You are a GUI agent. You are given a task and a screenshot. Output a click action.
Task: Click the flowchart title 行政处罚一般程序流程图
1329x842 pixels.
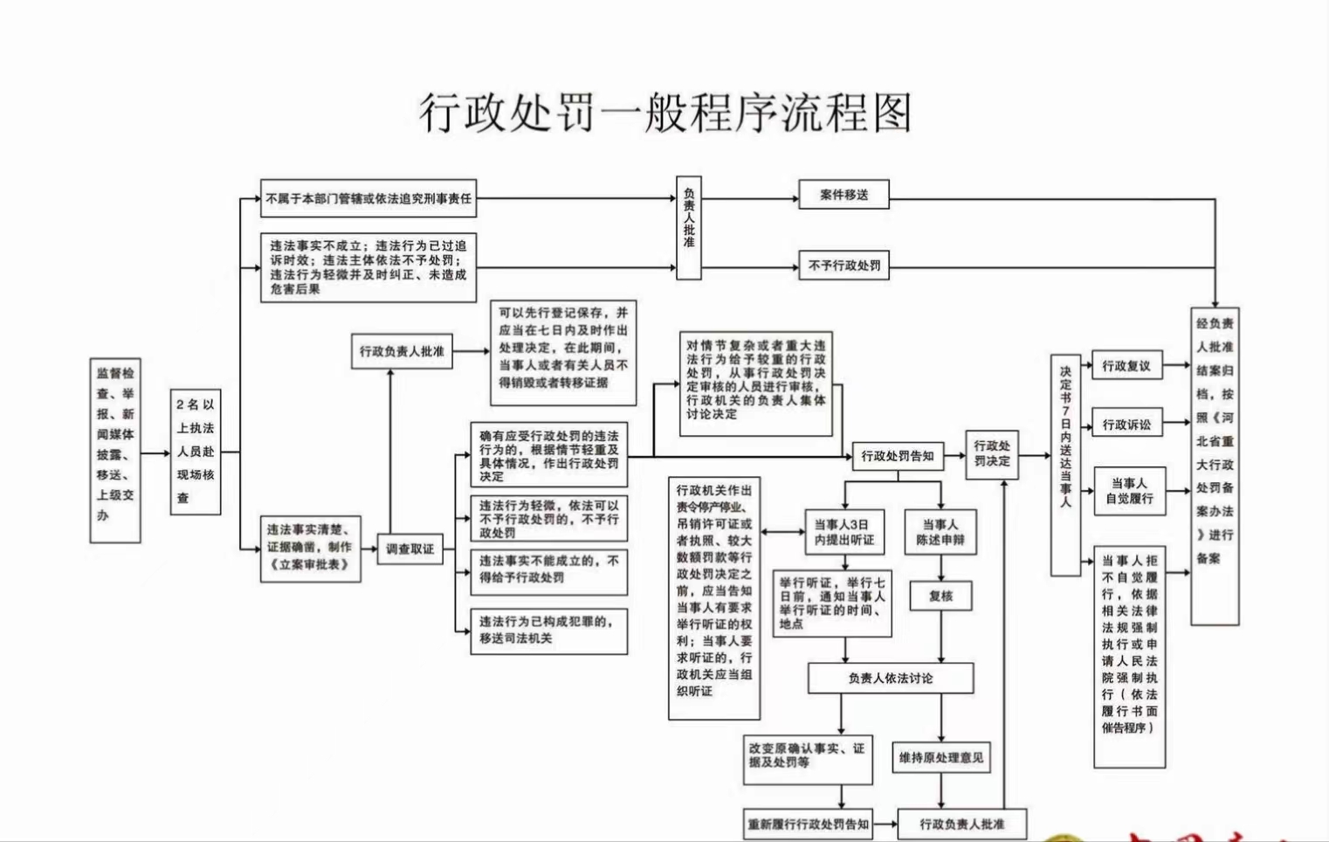(x=665, y=113)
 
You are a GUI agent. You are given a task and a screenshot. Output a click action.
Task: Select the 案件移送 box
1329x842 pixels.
(x=844, y=195)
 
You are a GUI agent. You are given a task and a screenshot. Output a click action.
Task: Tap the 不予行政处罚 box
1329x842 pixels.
(x=844, y=266)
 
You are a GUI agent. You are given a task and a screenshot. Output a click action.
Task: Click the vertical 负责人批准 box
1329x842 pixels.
(x=689, y=228)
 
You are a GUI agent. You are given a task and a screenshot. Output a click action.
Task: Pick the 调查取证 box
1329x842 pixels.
(x=410, y=549)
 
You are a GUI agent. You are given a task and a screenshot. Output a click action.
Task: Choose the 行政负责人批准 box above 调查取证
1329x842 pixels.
(x=402, y=351)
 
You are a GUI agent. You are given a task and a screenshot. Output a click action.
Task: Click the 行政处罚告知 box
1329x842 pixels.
(x=897, y=456)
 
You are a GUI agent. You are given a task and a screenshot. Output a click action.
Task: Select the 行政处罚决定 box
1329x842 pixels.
(x=991, y=454)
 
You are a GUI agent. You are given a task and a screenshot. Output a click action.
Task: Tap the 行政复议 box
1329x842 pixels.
(x=1126, y=366)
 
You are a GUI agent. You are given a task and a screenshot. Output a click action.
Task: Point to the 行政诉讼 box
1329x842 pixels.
(x=1126, y=425)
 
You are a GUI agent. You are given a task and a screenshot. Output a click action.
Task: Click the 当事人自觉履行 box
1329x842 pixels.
(x=1129, y=491)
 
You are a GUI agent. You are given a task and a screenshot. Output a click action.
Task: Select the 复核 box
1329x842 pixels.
(x=940, y=597)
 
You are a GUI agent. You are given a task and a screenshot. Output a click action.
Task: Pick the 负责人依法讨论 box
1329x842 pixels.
(x=890, y=678)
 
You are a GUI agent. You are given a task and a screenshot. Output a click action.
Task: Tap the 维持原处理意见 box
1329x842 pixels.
(x=940, y=758)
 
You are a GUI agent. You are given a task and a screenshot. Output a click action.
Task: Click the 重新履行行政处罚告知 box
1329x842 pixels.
(x=808, y=824)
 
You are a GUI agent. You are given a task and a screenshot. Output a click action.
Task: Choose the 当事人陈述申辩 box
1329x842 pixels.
(x=940, y=532)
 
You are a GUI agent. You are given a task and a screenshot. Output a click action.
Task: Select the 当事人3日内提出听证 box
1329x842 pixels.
(x=844, y=532)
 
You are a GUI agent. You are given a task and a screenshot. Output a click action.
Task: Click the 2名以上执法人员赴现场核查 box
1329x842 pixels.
(x=195, y=452)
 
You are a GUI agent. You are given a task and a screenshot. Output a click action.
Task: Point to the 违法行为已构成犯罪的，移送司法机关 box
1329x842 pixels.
(x=548, y=630)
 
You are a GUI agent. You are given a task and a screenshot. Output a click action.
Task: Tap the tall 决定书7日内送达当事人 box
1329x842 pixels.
(x=1065, y=465)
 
